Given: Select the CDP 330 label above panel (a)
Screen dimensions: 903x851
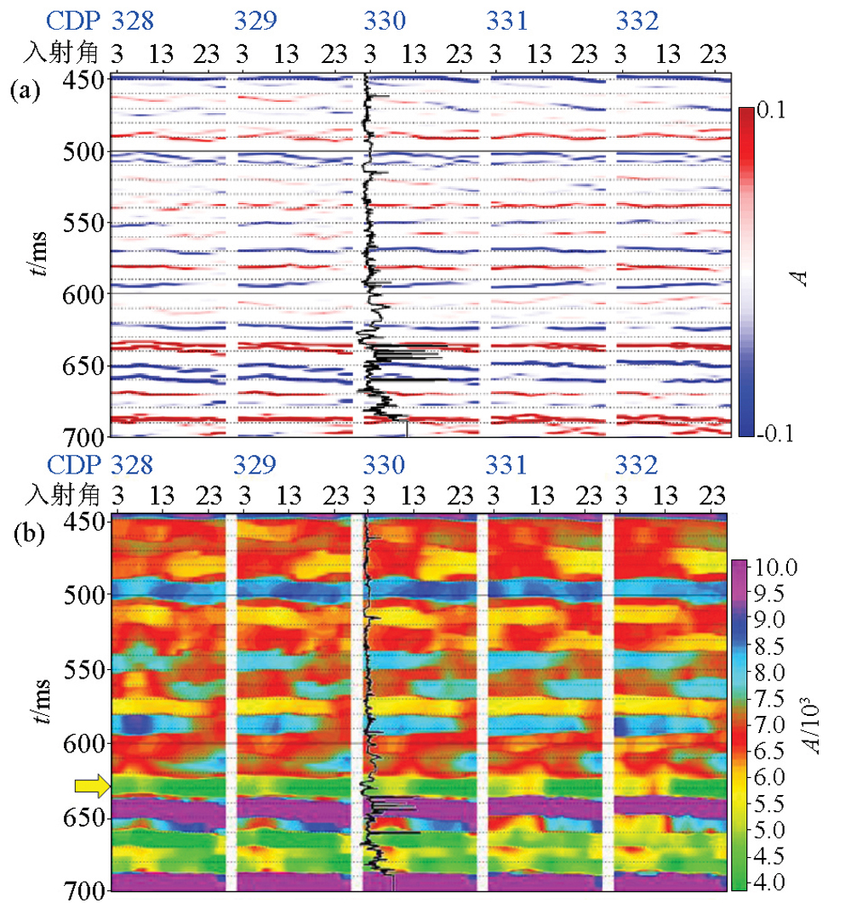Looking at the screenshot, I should pyautogui.click(x=385, y=20).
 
